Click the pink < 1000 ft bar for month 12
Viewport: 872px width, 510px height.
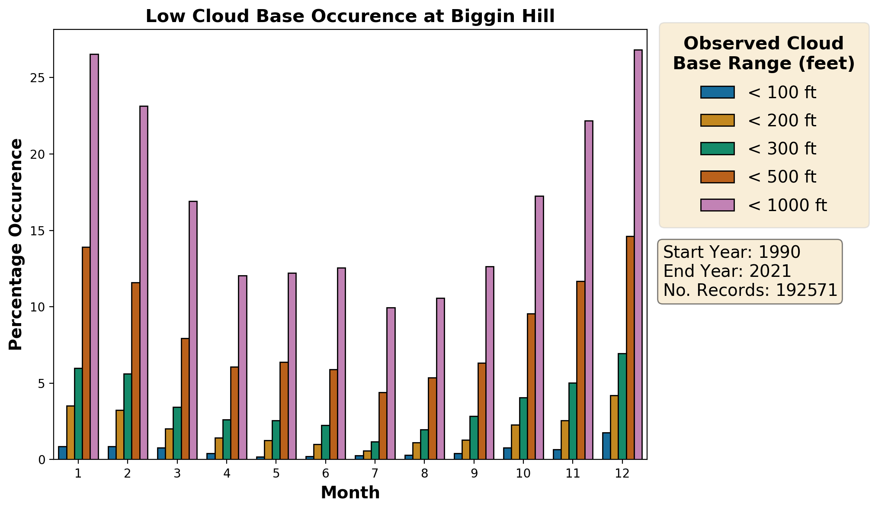[638, 255]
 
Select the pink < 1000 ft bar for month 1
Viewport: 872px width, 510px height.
[94, 257]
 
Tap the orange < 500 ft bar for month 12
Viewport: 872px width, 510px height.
[630, 348]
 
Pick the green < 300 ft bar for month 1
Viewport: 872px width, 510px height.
[78, 414]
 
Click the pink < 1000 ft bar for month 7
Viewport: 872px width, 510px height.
[391, 384]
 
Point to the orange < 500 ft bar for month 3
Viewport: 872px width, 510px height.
[185, 399]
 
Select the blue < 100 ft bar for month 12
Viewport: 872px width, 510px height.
[606, 446]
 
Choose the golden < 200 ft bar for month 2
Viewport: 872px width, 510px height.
[120, 435]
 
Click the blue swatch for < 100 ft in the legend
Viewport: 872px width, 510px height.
[718, 92]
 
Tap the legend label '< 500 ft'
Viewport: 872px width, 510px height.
[782, 177]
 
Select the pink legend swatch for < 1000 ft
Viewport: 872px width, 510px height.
[718, 205]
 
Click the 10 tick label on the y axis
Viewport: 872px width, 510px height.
[38, 307]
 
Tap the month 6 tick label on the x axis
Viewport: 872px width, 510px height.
[326, 473]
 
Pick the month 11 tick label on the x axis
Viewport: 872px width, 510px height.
[573, 473]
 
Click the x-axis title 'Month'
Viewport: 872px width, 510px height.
[350, 493]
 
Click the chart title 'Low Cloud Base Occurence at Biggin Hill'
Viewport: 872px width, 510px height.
[350, 16]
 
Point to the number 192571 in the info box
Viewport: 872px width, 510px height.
[807, 290]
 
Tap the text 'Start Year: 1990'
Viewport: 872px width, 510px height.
[732, 252]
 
